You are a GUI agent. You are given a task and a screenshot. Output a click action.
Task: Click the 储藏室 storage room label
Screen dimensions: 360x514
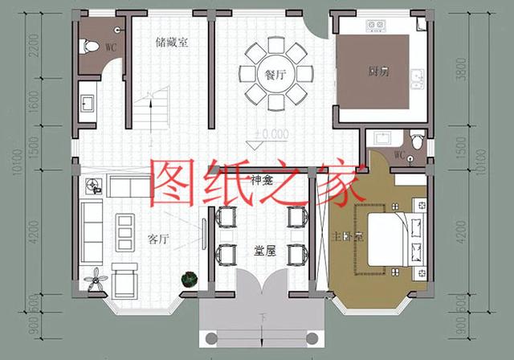coord(173,43)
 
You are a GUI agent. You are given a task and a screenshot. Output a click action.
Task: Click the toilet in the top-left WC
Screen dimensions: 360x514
coord(90,46)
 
